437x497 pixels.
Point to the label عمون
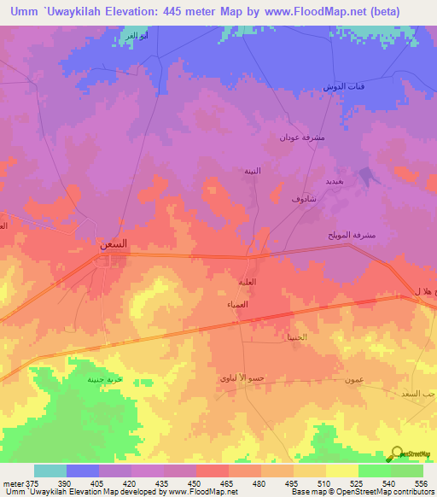[356, 379]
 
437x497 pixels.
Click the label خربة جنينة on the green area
[103, 380]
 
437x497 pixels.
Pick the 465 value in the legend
[229, 483]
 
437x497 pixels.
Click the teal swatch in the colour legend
[50, 471]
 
